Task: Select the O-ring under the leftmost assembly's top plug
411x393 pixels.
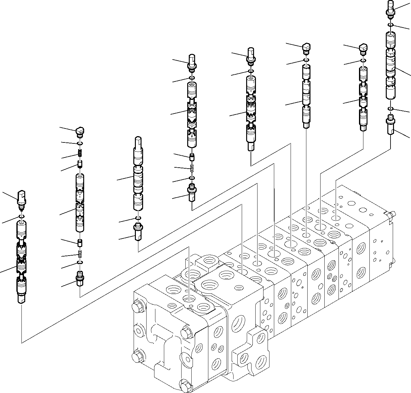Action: click(x=22, y=216)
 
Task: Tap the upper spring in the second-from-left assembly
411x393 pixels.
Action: click(x=80, y=154)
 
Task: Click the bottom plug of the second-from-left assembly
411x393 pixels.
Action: click(x=80, y=278)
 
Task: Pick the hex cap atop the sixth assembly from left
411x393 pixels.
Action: click(x=306, y=47)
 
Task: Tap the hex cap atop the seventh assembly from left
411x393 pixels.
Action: click(x=363, y=48)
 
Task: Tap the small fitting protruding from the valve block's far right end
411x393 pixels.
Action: click(x=391, y=214)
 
